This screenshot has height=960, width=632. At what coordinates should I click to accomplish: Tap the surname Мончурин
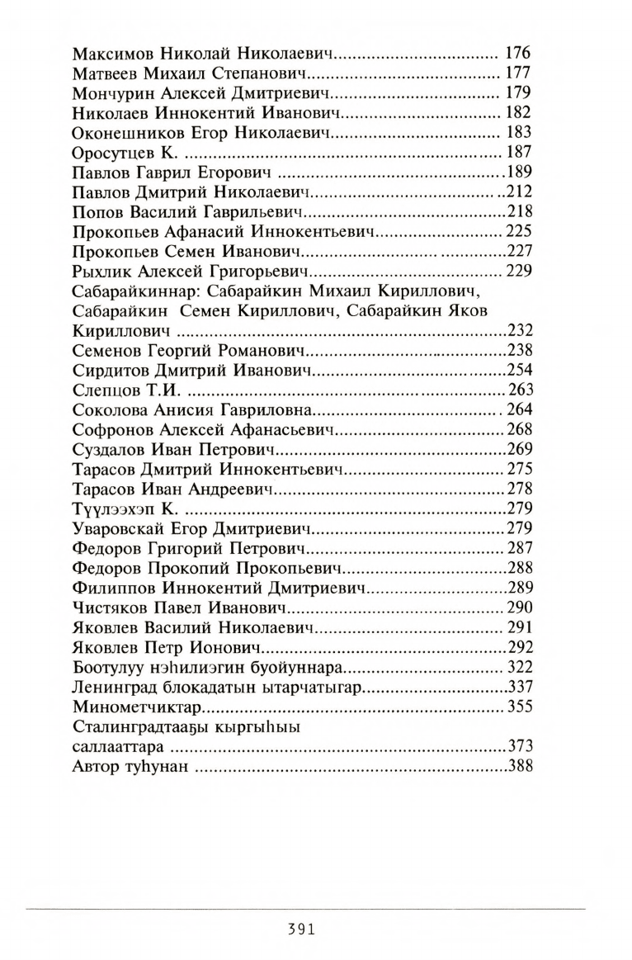coord(112,93)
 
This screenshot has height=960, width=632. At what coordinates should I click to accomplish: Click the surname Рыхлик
coord(103,272)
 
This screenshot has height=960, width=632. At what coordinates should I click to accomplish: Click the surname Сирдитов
coord(111,371)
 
